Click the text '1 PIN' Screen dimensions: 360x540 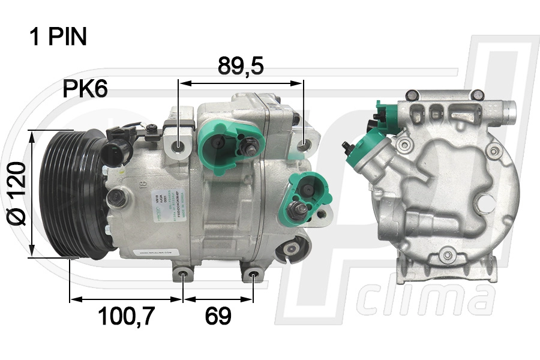[58, 37]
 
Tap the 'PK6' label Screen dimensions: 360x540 [85, 89]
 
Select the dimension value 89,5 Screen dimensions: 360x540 [241, 67]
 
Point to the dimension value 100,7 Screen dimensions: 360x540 [127, 316]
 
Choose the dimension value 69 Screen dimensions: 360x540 [218, 316]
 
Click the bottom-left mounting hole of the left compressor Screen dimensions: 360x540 [183, 277]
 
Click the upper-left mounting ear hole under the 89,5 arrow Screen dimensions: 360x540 [179, 146]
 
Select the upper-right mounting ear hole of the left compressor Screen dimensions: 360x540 [305, 145]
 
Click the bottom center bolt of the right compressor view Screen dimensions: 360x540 [446, 257]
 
